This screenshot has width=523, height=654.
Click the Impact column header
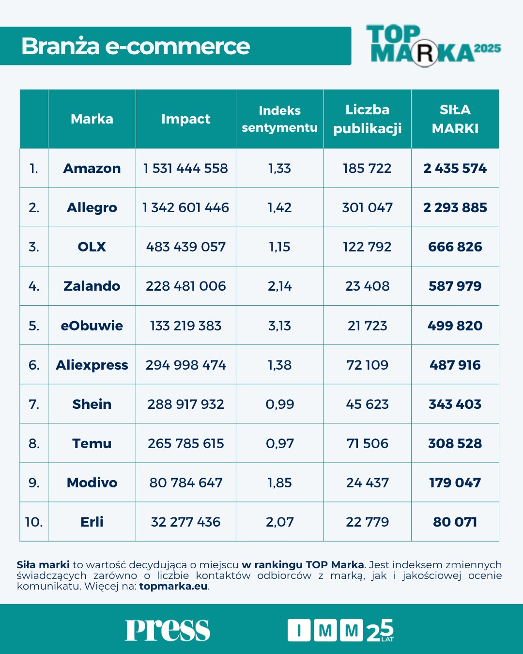click(x=185, y=119)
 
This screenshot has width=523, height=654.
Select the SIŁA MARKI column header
click(x=455, y=119)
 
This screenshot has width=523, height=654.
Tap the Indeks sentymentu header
click(x=279, y=119)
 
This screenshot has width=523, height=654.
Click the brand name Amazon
click(x=92, y=169)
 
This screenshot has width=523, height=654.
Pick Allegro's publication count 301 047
click(x=367, y=208)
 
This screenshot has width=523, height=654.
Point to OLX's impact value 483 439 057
click(x=185, y=247)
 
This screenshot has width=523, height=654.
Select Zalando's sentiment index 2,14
click(x=279, y=286)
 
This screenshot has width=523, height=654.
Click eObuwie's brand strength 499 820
click(x=455, y=326)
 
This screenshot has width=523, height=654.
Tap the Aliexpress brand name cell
click(x=92, y=365)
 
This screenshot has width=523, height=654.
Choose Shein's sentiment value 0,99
click(x=279, y=404)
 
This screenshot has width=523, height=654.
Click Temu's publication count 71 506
click(x=367, y=443)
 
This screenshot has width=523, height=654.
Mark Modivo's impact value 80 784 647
click(x=185, y=483)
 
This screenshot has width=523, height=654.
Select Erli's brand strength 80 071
click(x=455, y=522)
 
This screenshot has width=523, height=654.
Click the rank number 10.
click(x=34, y=522)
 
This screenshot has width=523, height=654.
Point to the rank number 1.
click(x=34, y=169)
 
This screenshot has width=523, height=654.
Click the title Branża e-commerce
click(x=136, y=47)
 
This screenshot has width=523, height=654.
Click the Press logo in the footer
click(x=168, y=630)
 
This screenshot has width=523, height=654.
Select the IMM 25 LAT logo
click(x=340, y=630)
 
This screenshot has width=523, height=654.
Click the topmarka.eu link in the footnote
click(x=173, y=586)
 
